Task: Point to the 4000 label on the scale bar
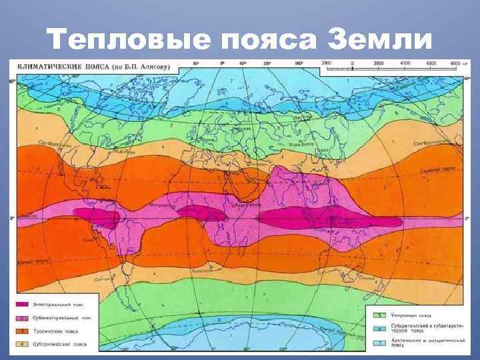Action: point(405,63)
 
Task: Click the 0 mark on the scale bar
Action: point(352,63)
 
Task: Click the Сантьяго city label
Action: point(100,279)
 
